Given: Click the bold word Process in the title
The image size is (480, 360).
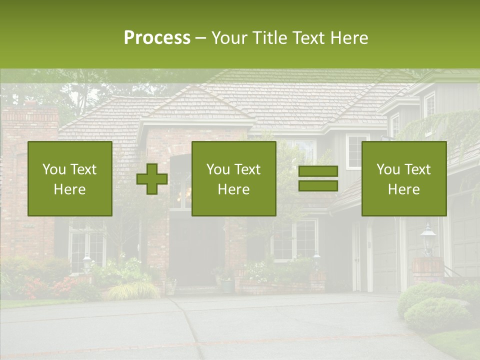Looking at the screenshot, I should (157, 38).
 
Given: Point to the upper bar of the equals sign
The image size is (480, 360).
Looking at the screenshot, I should (318, 171).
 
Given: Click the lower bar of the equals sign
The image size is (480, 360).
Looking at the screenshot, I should (318, 186).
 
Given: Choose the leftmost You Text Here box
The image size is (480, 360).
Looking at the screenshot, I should (70, 178).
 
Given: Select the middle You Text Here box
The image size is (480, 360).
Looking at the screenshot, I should (233, 178).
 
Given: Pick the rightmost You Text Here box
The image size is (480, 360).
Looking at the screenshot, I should (403, 178).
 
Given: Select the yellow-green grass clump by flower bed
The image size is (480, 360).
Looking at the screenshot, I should (131, 290).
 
